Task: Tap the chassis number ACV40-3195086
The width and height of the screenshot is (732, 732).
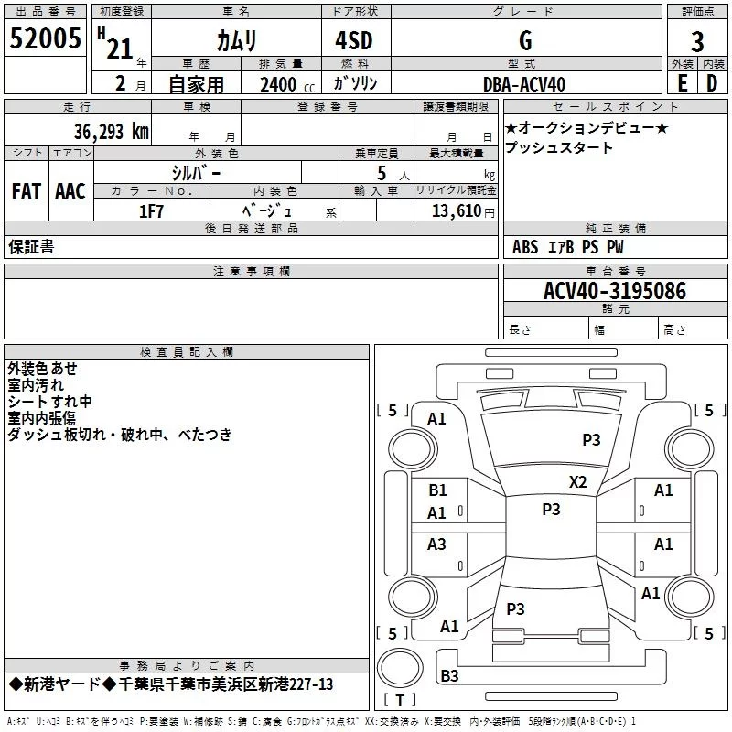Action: [614, 292]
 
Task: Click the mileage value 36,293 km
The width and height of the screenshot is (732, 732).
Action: [111, 131]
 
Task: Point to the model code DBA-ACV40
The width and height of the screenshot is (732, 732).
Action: [523, 84]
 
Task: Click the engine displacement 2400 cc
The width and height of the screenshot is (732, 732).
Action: [284, 84]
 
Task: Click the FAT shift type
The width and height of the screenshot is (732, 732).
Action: [26, 191]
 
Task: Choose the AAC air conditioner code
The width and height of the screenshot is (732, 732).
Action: [70, 191]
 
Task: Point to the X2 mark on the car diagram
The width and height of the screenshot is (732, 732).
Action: [577, 481]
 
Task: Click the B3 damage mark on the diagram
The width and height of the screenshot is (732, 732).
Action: [449, 676]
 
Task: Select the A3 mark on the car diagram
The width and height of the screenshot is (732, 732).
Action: [437, 544]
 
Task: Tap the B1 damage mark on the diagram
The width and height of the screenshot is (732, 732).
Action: [437, 490]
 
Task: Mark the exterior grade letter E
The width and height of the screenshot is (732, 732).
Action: [682, 84]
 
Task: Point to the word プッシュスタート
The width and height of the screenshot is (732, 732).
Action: [559, 148]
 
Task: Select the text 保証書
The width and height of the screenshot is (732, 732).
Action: [31, 247]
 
